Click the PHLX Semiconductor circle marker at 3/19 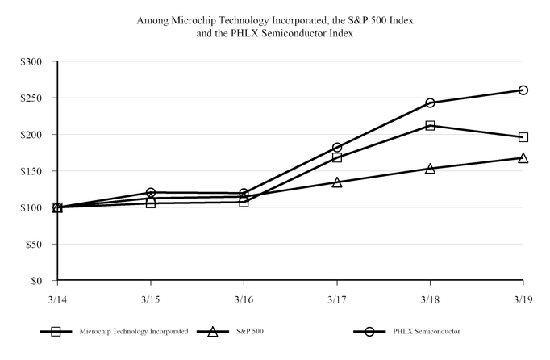[523, 90]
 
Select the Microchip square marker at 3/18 [430, 125]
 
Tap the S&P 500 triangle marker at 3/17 [336, 182]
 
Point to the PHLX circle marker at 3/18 [430, 103]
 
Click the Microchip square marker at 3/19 [523, 137]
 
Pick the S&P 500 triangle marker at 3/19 [523, 158]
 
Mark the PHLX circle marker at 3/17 [336, 148]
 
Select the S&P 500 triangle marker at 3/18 [430, 169]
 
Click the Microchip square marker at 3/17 [336, 157]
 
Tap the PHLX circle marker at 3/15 [151, 193]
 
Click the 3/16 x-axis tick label [243, 299]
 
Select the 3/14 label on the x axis [57, 299]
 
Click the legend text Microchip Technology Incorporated [134, 331]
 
